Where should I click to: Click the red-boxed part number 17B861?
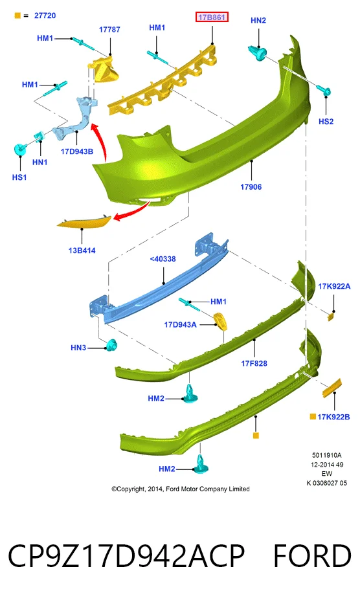(212, 17)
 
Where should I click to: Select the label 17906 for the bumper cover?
(251, 187)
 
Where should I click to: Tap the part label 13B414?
(82, 251)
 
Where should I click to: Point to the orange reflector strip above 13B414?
(84, 222)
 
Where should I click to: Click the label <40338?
(163, 259)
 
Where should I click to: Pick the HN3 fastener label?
(78, 348)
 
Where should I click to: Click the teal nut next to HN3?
(112, 346)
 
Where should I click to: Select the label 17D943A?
(180, 325)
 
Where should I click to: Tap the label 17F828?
(254, 363)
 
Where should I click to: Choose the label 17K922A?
(334, 286)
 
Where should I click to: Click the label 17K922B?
(333, 417)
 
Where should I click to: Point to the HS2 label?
(326, 122)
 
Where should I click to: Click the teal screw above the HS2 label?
(324, 91)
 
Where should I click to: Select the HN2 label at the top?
(258, 20)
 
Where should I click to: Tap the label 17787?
(109, 30)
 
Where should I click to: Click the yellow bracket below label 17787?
(105, 69)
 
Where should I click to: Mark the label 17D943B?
(77, 151)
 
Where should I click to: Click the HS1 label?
(19, 177)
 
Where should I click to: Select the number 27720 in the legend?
(45, 16)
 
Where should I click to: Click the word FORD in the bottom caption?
(312, 556)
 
